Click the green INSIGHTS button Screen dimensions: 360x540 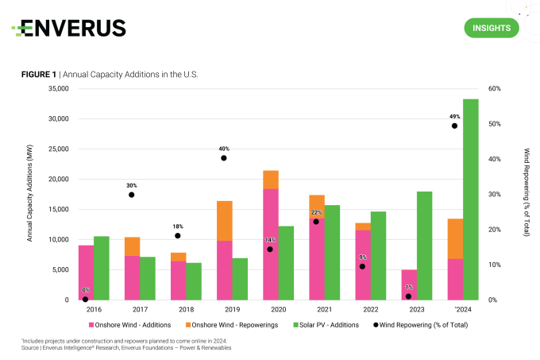coord(491,28)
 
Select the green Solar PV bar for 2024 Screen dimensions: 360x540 coord(470,199)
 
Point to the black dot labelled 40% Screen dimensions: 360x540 coord(224,158)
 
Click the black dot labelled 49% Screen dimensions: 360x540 coord(454,126)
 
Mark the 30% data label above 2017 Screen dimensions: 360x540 coord(131,185)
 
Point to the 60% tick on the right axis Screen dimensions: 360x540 coord(494,89)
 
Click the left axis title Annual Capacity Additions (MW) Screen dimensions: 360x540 coord(30,194)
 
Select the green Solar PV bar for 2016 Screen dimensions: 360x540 coord(101,268)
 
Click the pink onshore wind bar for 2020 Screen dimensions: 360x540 coord(270,244)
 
